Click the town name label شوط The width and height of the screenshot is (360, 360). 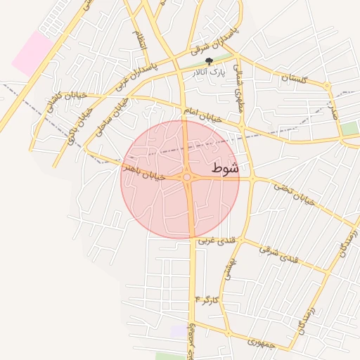[225, 169]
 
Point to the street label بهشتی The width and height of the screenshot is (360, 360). [229, 269]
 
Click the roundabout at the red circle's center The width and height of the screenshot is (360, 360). [187, 178]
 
